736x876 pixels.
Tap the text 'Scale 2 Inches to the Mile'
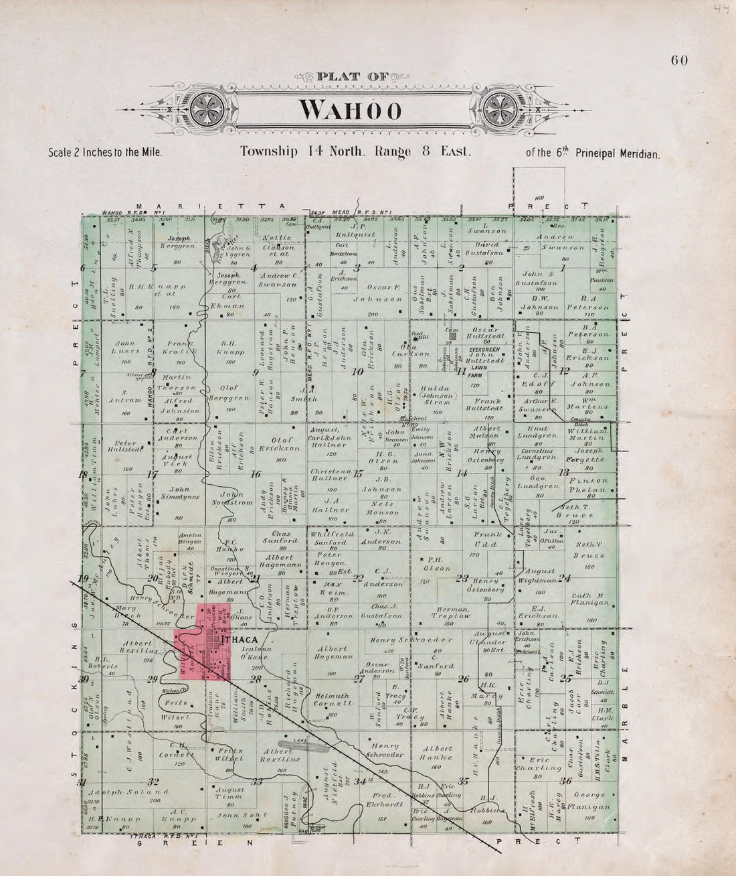[x=106, y=152]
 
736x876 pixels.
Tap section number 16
[x=255, y=474]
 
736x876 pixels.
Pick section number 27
[x=359, y=679]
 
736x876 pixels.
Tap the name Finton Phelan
[x=589, y=485]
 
